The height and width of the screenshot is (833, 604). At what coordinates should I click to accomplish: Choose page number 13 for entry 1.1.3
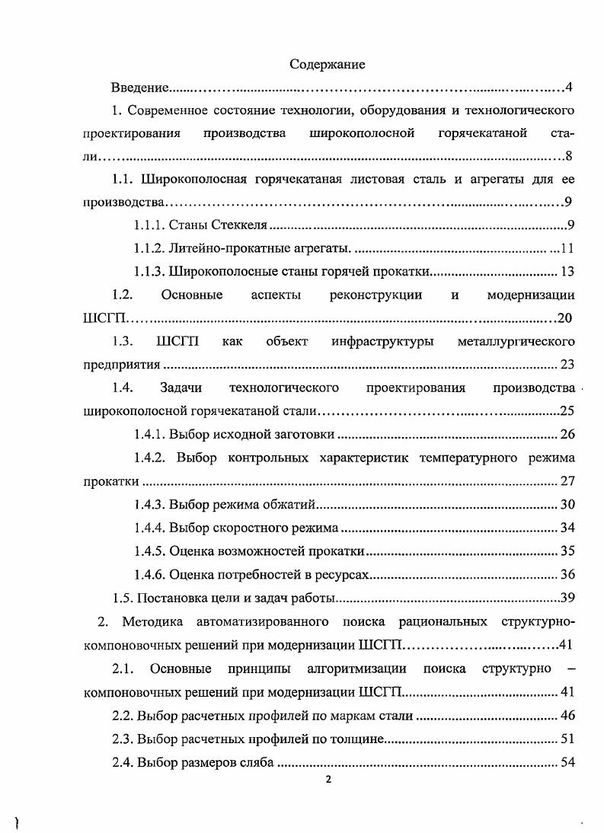tap(567, 271)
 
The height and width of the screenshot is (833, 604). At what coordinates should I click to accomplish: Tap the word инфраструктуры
tap(382, 341)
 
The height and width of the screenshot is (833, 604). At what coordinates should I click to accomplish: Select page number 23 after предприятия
tap(567, 364)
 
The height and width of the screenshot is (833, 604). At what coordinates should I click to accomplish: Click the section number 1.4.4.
tap(149, 527)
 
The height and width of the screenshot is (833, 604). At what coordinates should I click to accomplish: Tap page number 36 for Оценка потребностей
tap(567, 574)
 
